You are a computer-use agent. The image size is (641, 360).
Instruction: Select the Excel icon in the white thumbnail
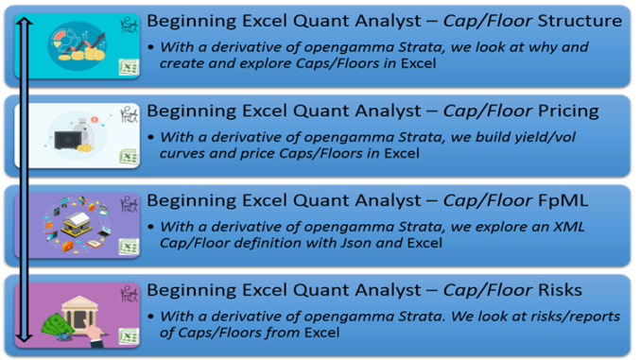(128, 157)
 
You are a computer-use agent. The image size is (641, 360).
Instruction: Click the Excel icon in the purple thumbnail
(128, 246)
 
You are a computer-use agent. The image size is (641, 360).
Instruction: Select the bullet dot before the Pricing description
(152, 138)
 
